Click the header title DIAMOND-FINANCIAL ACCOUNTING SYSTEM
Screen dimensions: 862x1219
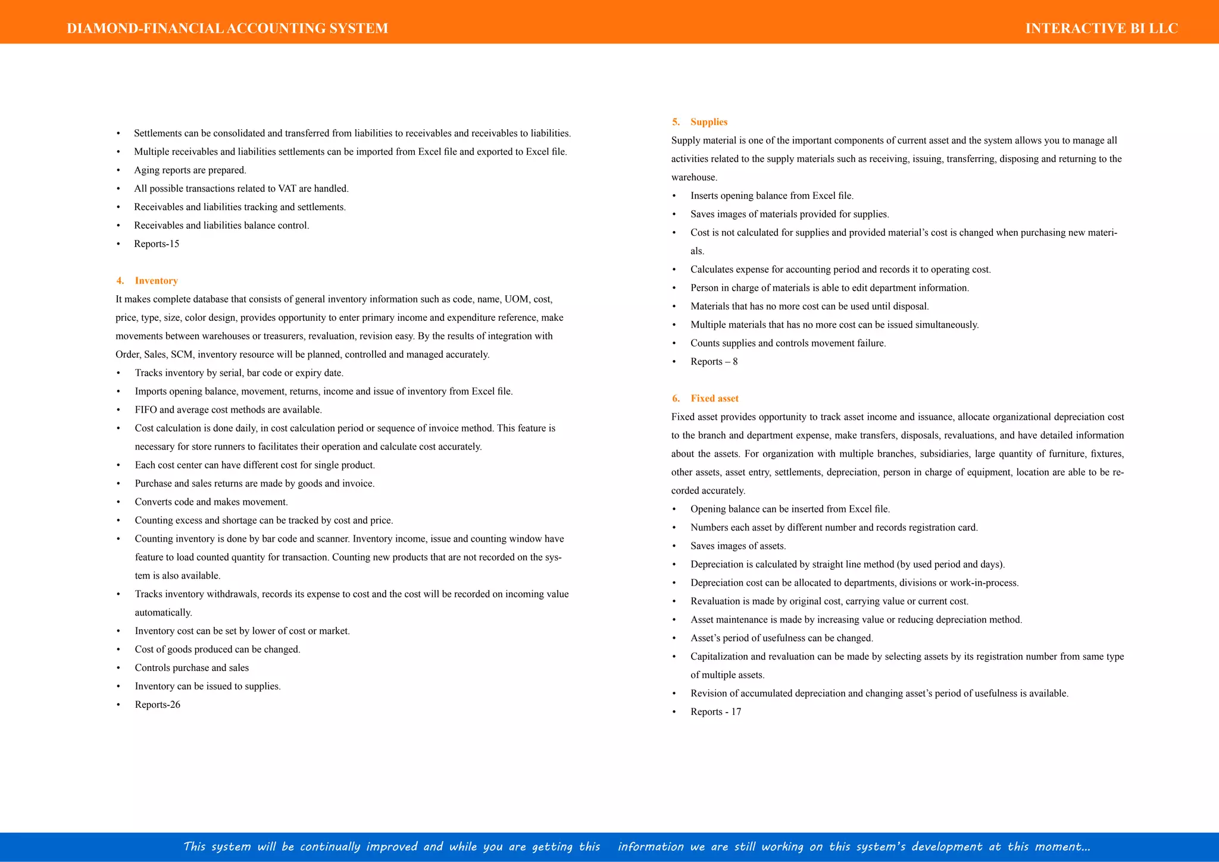(227, 29)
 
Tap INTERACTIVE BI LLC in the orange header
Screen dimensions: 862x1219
(1101, 29)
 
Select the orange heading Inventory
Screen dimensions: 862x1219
(156, 281)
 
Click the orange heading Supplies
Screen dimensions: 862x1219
(709, 122)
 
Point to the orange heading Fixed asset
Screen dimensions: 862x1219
(714, 398)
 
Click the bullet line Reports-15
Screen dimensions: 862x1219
(157, 244)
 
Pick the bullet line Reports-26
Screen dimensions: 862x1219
(157, 705)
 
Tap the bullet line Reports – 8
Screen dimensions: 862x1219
(714, 362)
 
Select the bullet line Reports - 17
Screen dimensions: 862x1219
(715, 712)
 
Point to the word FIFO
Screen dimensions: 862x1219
(146, 410)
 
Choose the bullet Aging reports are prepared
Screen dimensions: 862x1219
(190, 170)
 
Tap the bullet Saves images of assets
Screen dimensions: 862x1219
(738, 546)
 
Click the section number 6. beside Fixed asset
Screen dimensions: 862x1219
(676, 398)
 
